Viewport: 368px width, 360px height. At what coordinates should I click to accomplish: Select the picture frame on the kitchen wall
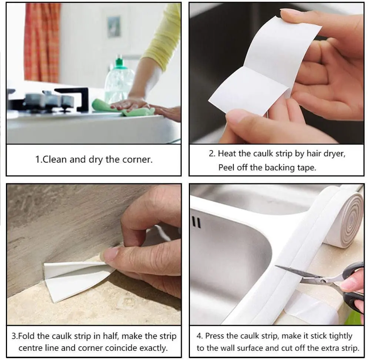click(114, 26)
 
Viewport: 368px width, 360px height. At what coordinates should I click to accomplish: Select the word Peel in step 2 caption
click(226, 167)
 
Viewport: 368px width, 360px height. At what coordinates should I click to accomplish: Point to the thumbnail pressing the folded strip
click(111, 254)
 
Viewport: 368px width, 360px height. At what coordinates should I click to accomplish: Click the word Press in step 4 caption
click(214, 336)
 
